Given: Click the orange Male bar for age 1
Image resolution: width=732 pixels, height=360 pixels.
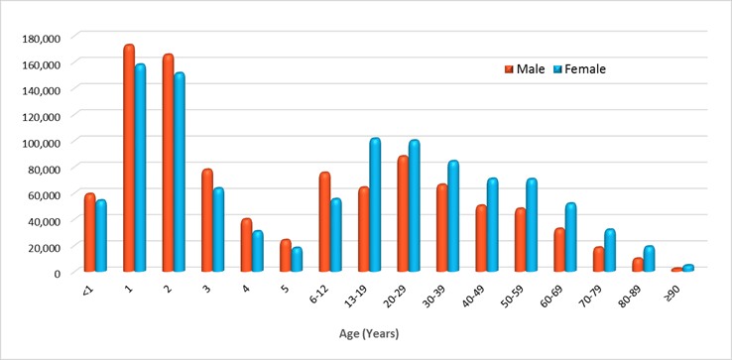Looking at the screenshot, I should [129, 159].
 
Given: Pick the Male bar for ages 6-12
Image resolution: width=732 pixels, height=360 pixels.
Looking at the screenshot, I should [324, 222].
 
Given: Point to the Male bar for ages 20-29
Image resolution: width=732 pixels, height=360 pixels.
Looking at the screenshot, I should [403, 214].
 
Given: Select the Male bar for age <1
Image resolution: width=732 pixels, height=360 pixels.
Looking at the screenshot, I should [90, 233].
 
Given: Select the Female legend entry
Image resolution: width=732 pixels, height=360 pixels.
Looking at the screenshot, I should [584, 69].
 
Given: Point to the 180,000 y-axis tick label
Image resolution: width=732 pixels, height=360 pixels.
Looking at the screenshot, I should [41, 38].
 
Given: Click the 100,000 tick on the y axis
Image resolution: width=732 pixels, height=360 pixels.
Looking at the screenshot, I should [41, 142].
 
